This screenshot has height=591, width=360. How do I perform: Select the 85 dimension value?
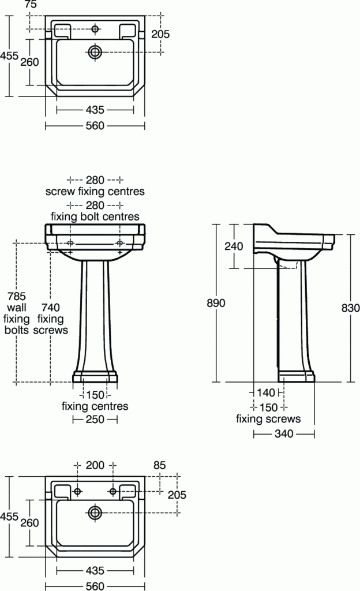point(160,464)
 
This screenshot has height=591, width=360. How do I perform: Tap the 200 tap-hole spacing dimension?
point(95,464)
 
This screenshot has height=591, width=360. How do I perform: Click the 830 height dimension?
point(350,308)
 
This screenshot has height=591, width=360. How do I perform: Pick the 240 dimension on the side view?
point(234,246)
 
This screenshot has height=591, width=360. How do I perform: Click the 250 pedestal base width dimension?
point(95,420)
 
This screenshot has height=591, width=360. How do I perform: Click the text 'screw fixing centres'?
point(95,191)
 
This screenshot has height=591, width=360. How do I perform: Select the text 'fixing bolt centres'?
point(95,217)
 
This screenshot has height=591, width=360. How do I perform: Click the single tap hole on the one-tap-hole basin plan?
point(95,29)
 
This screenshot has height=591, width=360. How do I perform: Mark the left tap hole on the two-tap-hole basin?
point(78,491)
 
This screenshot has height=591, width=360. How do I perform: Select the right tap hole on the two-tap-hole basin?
point(113,491)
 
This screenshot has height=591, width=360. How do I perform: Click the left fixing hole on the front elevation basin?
point(70,243)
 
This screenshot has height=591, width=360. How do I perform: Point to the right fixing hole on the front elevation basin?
point(120,243)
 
